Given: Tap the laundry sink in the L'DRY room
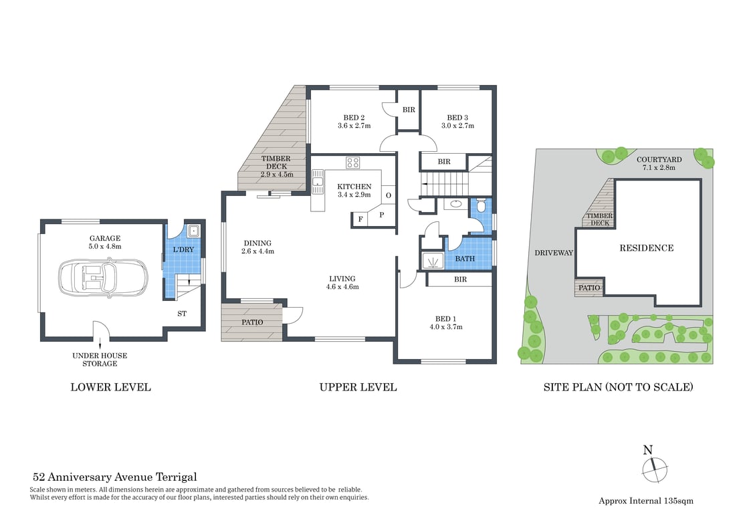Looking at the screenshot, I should coord(193,232).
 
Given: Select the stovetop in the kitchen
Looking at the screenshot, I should coord(352,163).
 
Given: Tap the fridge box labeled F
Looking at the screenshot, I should coord(360,219).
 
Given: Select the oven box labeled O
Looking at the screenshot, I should coord(388,196).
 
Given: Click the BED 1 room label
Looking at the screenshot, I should coord(447,318).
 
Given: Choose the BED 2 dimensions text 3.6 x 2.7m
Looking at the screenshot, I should coord(354,126).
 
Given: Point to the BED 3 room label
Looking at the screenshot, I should coord(457,116).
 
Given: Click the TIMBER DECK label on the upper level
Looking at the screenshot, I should coord(275,159).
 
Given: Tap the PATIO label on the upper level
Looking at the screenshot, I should coord(251,322).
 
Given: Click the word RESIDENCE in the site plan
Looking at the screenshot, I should coord(646,248).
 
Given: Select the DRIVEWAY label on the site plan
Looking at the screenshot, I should coord(554,253).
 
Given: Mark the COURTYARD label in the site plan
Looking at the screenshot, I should coord(659,159).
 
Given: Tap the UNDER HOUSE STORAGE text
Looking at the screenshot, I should coord(100,360).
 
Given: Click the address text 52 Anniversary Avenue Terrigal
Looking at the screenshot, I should coord(114,478).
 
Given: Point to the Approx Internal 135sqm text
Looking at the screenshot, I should coord(645,500).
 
